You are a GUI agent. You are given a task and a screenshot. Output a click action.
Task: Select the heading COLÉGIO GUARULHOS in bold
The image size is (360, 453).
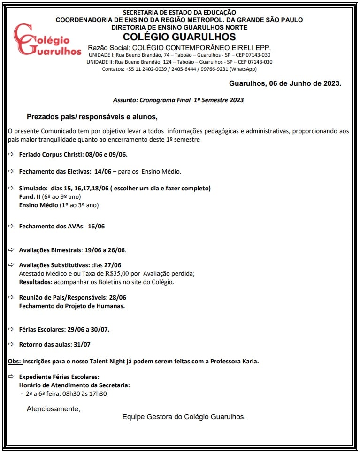(179, 37)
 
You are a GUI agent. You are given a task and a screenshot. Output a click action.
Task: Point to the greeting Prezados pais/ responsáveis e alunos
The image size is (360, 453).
(92, 116)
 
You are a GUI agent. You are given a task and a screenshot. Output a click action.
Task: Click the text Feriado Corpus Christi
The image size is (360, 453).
(51, 154)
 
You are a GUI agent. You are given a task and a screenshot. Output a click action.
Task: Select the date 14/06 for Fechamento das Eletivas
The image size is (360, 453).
(103, 171)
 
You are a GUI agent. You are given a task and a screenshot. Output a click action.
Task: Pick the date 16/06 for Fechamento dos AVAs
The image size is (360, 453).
(96, 226)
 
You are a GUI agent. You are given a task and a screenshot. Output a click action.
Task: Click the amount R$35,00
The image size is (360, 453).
(114, 273)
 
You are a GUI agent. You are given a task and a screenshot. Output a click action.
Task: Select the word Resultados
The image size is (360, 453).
(36, 282)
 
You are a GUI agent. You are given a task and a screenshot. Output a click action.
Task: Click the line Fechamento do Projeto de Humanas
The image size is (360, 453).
(72, 306)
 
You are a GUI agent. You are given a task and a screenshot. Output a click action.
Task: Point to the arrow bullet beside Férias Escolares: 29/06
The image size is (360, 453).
(12, 329)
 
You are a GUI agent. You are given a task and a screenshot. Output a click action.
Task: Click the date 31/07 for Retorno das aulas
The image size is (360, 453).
(82, 344)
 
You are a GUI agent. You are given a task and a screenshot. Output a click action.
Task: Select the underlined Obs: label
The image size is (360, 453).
(15, 361)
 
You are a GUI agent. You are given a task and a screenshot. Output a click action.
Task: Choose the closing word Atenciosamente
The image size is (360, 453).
(53, 409)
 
